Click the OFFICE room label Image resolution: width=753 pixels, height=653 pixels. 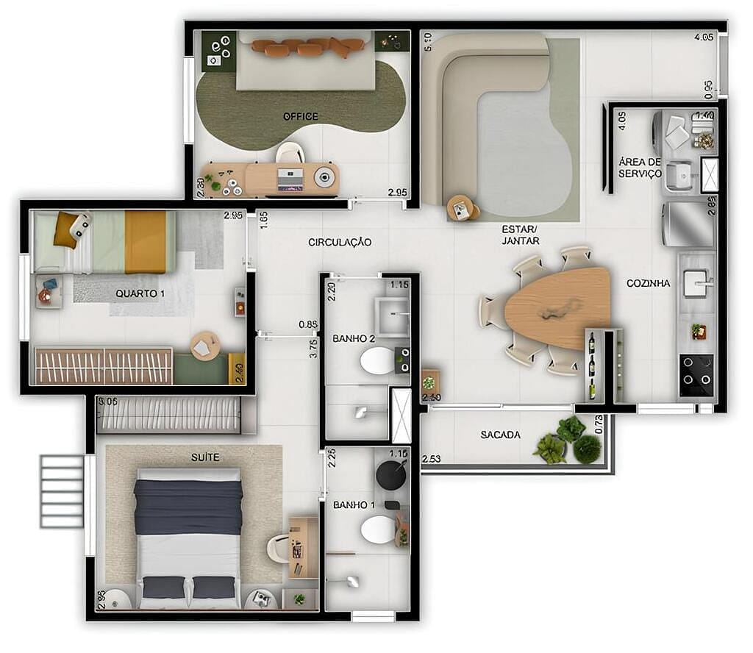(301, 116)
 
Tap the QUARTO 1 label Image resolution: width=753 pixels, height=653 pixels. (140, 293)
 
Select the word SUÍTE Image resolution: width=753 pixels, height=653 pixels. (204, 457)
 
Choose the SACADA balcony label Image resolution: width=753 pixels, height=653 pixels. (500, 435)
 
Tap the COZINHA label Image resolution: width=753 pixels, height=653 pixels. (648, 283)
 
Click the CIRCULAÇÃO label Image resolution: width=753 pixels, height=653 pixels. (339, 242)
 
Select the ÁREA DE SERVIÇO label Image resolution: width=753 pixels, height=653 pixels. (639, 168)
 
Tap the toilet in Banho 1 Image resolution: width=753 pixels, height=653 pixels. (379, 529)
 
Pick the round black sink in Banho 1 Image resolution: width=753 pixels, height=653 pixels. (390, 475)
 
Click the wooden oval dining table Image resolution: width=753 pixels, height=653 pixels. (559, 307)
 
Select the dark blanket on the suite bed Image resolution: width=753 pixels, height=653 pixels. (188, 507)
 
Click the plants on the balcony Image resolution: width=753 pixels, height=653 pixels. (568, 441)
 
